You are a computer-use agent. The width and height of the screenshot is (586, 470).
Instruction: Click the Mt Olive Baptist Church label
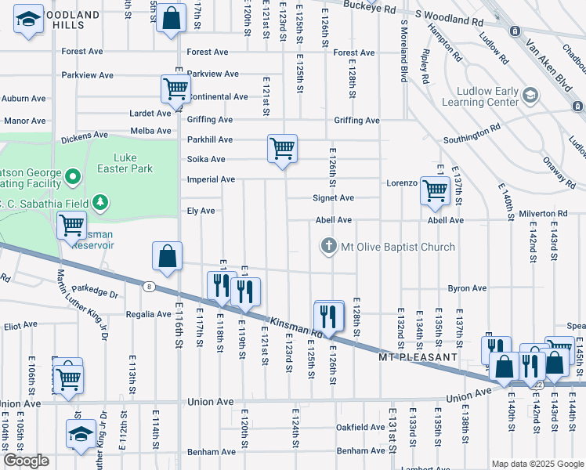click(x=398, y=247)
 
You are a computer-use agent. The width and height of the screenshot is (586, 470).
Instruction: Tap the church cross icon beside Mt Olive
click(x=329, y=247)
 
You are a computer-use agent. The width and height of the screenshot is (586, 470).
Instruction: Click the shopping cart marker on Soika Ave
click(x=282, y=148)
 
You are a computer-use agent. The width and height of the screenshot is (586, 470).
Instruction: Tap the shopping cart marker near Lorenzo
click(x=434, y=190)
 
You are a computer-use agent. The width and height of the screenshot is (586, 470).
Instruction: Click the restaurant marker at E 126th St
click(x=329, y=316)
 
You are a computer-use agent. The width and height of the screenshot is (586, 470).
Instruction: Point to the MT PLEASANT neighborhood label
click(x=417, y=357)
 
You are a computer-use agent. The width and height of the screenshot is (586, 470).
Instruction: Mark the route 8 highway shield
click(x=148, y=287)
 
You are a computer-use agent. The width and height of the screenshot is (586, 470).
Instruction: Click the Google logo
click(x=26, y=461)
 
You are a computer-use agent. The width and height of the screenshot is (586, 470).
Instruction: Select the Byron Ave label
click(x=467, y=288)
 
